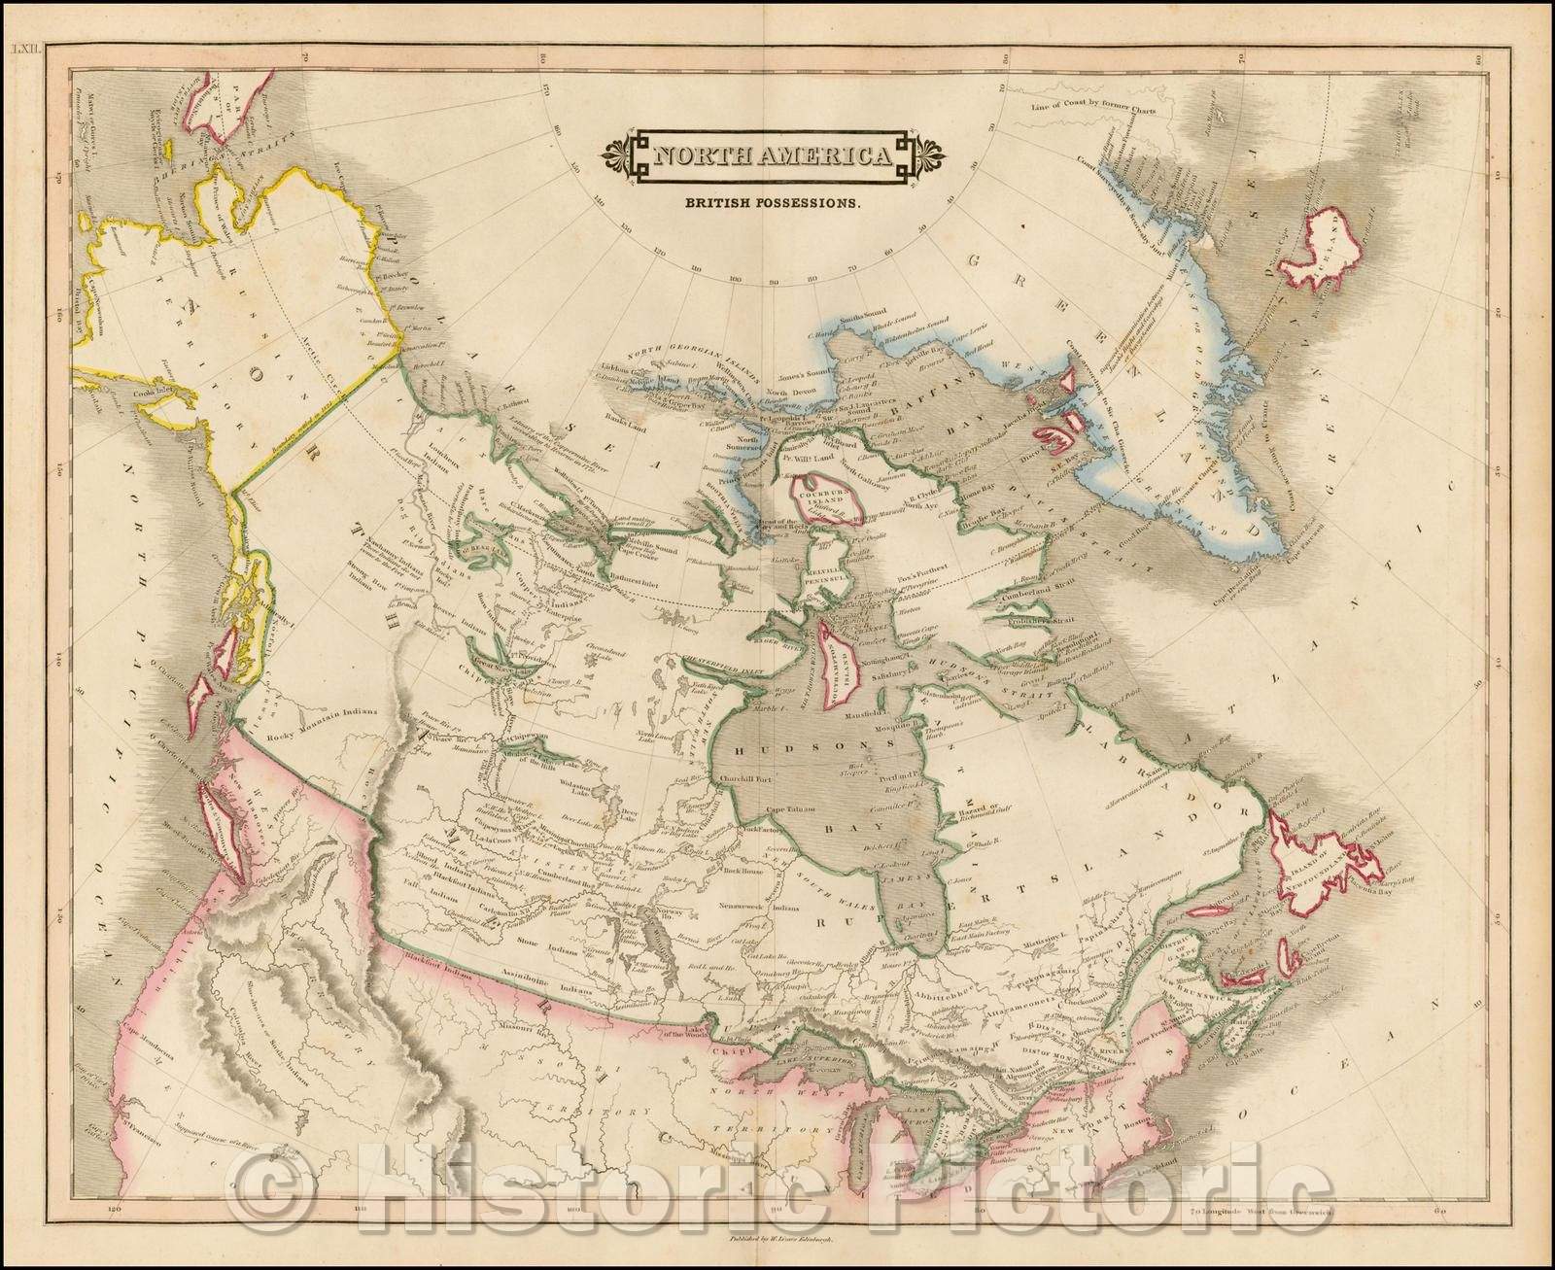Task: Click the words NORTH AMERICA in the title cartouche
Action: pos(774,155)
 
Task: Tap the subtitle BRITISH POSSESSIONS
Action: pos(775,204)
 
